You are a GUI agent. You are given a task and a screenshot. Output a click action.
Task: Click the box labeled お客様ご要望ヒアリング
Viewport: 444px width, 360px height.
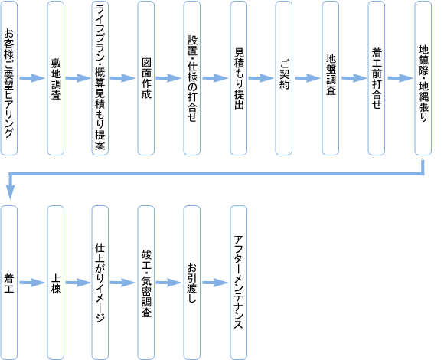point(9,78)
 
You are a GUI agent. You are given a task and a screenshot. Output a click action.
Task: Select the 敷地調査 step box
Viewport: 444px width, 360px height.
point(55,78)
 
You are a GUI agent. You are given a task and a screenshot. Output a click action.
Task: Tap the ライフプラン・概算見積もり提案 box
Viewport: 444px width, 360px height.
point(100,78)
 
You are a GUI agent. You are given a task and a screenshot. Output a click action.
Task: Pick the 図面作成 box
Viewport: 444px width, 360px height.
point(146,78)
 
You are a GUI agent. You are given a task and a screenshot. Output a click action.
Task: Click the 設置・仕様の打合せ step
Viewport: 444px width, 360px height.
point(192,78)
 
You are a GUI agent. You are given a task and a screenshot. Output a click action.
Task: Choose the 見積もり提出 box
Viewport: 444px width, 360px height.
point(238,78)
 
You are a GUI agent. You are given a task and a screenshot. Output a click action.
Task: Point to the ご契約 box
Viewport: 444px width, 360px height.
point(284,78)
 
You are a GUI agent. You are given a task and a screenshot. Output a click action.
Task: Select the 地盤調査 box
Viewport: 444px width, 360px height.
point(331,78)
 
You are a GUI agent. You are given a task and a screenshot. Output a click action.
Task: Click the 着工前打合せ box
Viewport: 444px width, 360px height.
point(377,78)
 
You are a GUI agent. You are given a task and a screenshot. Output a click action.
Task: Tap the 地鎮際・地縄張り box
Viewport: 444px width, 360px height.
point(423,78)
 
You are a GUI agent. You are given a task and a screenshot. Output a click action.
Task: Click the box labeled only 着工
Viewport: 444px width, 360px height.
point(9,283)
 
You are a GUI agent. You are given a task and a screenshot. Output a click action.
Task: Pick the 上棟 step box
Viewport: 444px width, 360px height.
point(55,283)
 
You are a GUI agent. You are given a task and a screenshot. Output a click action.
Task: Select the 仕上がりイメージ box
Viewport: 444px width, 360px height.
point(100,283)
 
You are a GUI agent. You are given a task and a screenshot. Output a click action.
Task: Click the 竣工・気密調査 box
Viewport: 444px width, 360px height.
point(146,283)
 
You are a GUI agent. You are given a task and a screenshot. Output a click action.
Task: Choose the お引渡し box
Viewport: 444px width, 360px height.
point(192,283)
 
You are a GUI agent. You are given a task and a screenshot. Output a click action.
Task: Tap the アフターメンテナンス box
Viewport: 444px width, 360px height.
point(238,283)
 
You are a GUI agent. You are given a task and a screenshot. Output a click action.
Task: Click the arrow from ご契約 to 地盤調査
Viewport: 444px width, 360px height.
point(307,78)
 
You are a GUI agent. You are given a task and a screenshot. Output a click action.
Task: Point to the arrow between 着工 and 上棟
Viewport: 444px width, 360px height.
point(32,283)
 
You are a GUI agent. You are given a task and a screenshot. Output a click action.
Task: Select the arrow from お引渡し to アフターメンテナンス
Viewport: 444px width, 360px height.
point(215,283)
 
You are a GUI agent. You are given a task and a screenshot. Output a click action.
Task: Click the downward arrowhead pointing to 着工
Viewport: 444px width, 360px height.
point(11,192)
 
